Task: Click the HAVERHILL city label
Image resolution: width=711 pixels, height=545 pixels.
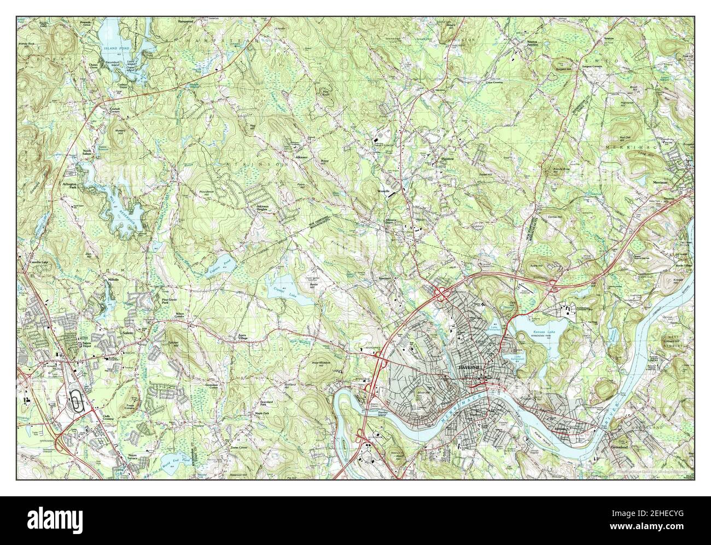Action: [469, 368]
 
